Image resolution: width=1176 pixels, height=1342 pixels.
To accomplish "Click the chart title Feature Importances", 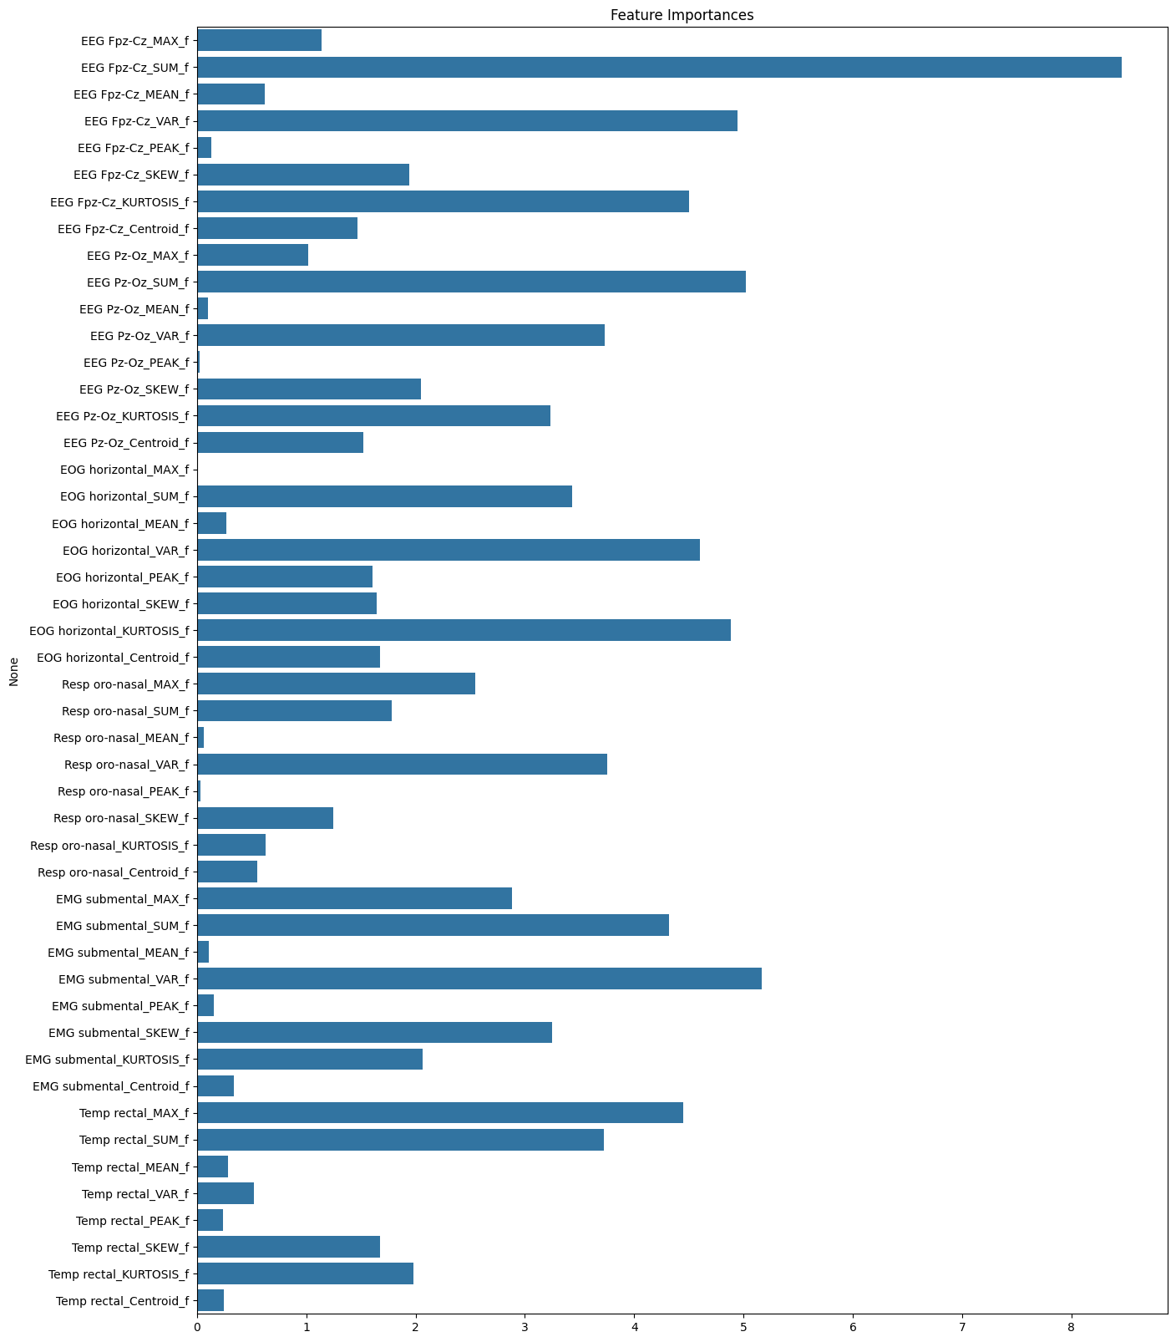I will tap(682, 15).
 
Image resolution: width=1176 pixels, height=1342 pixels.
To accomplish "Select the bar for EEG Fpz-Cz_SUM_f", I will tap(659, 68).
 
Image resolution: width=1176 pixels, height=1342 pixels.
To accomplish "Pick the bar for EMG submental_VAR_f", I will tap(479, 979).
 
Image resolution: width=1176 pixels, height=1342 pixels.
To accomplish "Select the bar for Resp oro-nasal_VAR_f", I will tap(402, 764).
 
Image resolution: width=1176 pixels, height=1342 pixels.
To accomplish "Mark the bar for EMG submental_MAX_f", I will tap(354, 898).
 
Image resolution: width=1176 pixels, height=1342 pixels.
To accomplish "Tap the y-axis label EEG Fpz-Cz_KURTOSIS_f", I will tap(119, 201).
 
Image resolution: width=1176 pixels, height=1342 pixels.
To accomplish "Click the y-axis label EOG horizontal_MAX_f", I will tap(124, 470).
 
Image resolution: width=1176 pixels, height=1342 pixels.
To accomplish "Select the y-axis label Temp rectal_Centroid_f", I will tap(122, 1300).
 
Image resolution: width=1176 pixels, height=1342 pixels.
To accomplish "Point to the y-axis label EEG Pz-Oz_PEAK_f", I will tap(136, 363).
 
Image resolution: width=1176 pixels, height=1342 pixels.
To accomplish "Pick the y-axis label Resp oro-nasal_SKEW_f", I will tap(121, 818).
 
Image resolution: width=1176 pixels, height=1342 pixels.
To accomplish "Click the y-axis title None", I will tap(14, 670).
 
